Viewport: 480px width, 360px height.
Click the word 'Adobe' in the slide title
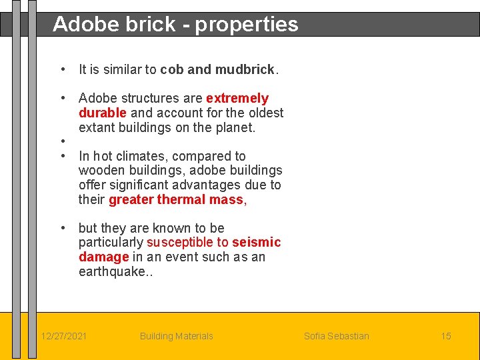[80, 24]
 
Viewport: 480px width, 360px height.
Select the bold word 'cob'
[172, 69]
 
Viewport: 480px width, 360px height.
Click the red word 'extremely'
[237, 99]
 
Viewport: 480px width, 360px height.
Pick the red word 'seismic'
[256, 242]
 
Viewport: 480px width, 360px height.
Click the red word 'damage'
[103, 257]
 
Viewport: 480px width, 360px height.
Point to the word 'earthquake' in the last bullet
[110, 271]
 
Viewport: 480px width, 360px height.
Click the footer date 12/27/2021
[63, 336]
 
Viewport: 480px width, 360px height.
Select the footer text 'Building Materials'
[176, 336]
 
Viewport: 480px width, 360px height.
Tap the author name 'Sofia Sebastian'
[336, 336]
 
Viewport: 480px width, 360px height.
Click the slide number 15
[445, 336]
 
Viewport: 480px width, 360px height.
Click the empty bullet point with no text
[62, 141]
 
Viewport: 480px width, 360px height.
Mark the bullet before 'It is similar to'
[62, 69]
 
